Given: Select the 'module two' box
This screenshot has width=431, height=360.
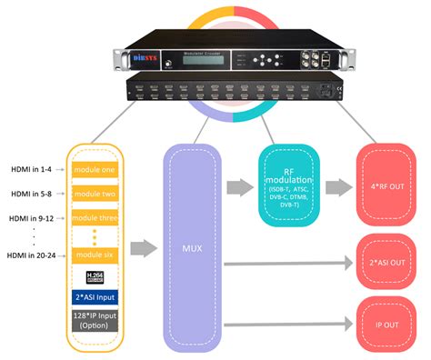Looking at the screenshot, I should [95, 195].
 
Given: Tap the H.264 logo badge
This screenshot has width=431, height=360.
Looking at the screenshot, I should [95, 276].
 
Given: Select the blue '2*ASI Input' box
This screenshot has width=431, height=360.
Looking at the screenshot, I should [95, 297].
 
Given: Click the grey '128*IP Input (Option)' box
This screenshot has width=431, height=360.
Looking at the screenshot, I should [95, 320].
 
